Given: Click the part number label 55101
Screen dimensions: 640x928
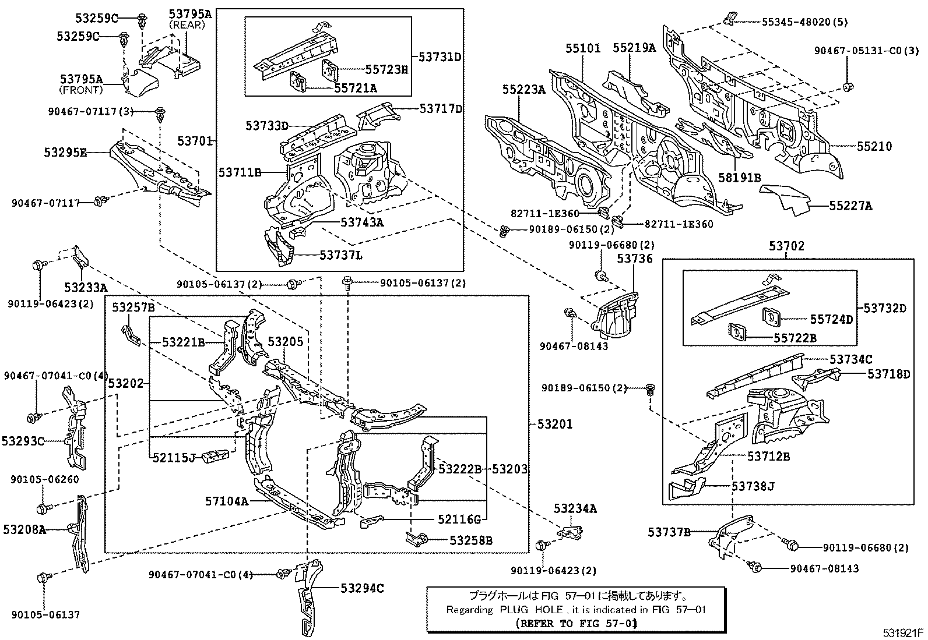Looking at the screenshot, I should click(582, 48).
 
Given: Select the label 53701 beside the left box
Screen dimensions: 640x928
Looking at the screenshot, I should click(196, 141).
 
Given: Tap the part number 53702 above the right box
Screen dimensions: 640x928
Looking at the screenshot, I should click(786, 246).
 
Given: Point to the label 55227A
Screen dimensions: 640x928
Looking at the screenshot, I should click(850, 206).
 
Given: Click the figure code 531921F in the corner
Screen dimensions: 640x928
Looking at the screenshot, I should click(902, 633).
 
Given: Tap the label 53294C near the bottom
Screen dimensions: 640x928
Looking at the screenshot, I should click(362, 588).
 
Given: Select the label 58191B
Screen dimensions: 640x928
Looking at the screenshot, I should click(741, 178).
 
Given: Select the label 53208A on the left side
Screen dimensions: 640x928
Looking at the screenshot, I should click(24, 529).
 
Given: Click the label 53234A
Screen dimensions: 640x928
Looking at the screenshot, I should click(575, 509).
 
